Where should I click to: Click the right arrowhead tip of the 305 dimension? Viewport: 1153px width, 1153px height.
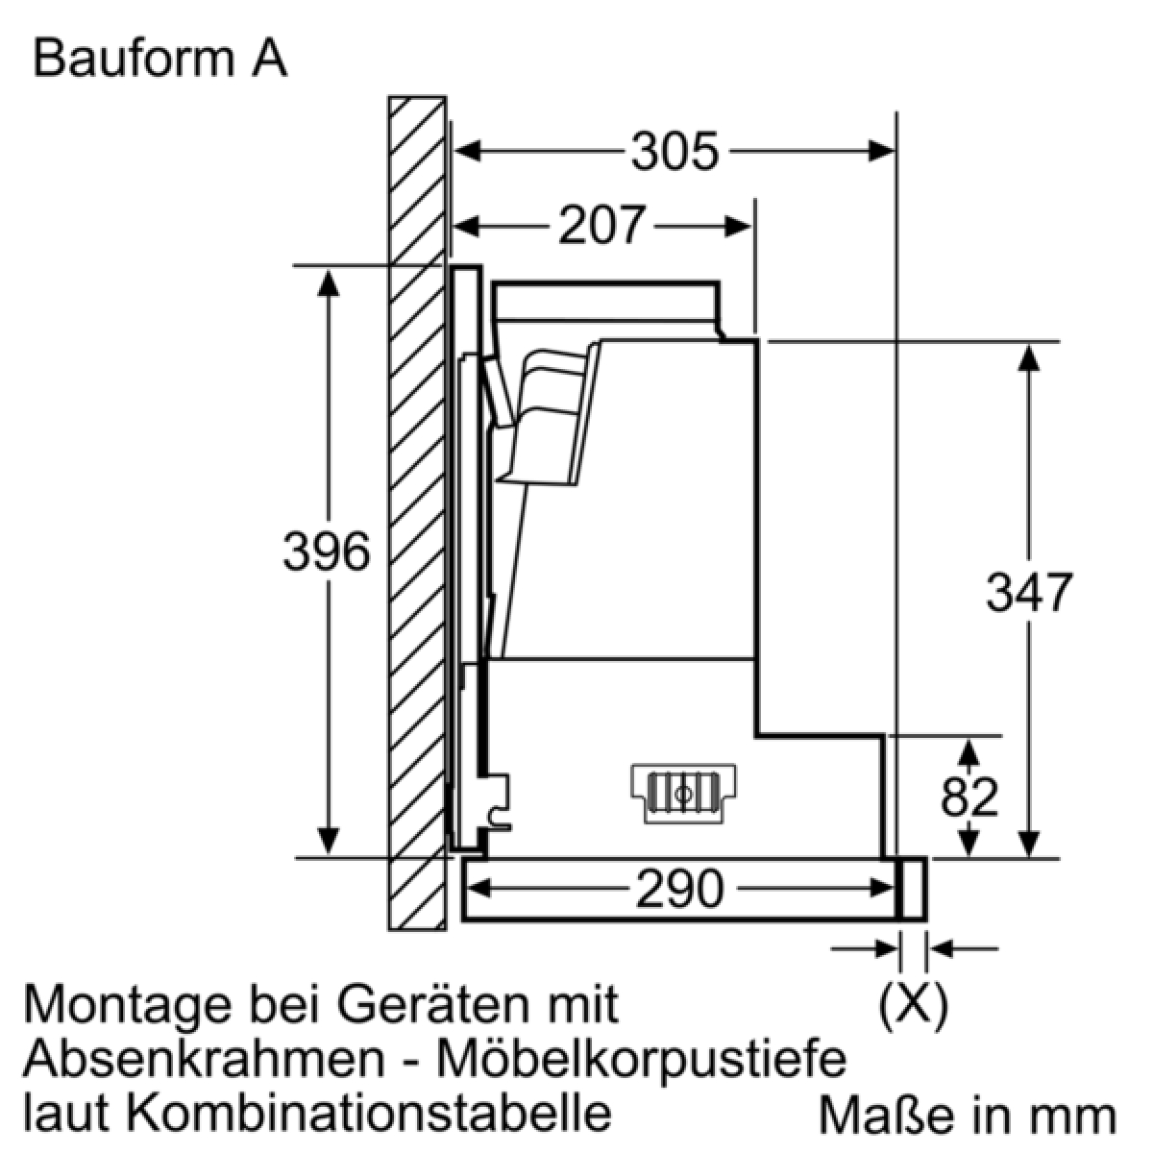[895, 151]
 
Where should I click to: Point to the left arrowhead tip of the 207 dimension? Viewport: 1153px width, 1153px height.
[454, 227]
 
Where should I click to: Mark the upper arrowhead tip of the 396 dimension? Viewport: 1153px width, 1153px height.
[328, 270]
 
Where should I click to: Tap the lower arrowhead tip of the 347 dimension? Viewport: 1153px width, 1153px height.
[1028, 857]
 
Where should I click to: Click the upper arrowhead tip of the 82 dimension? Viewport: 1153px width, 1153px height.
[969, 740]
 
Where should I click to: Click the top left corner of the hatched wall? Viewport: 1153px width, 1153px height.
[388, 96]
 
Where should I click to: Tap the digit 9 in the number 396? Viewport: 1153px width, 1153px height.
[327, 552]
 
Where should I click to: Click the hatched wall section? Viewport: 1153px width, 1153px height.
[417, 513]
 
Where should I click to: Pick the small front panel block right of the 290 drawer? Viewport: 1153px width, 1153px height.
[913, 889]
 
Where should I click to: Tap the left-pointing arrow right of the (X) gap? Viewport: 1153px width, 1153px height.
[963, 948]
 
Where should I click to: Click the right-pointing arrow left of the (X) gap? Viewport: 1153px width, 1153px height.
[865, 948]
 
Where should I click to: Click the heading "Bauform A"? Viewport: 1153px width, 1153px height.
[160, 60]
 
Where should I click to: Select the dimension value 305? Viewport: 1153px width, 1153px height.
[675, 152]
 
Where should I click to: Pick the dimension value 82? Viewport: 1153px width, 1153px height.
[969, 797]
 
